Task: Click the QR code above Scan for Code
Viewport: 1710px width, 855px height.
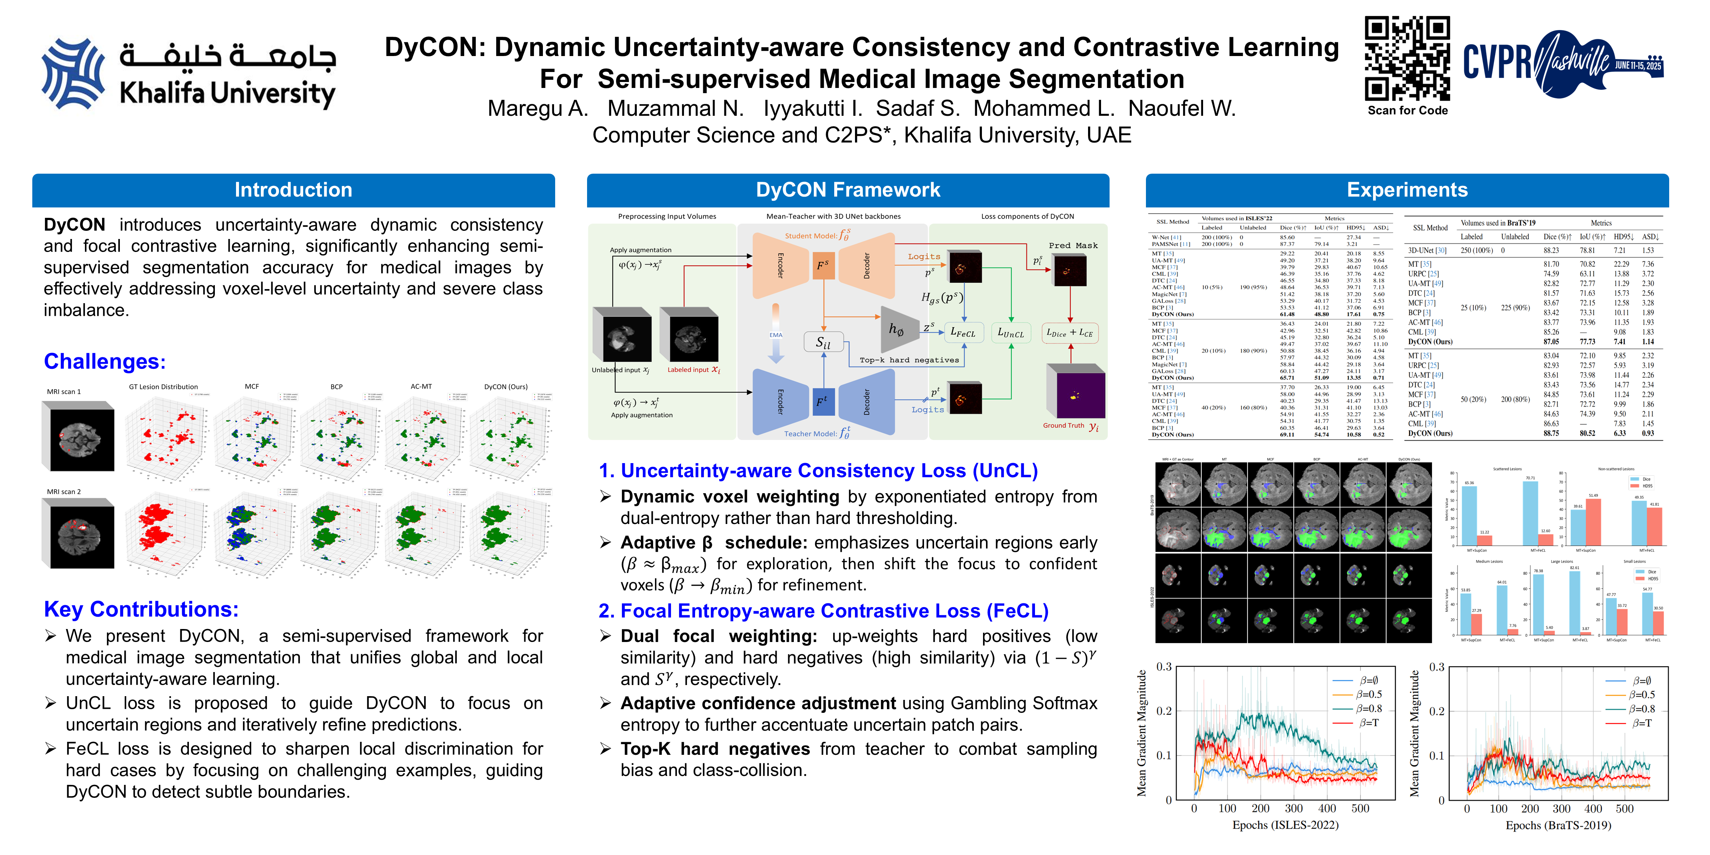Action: pos(1407,58)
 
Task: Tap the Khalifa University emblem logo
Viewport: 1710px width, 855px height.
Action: pos(73,73)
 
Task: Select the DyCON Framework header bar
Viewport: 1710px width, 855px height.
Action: pos(848,190)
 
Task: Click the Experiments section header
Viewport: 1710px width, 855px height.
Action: pos(1407,190)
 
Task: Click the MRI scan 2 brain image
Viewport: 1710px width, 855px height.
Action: pos(78,534)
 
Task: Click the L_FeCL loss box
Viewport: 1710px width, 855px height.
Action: pos(963,332)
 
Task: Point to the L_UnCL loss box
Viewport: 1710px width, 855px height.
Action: pos(1010,332)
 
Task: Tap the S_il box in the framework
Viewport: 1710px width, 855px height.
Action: pos(823,343)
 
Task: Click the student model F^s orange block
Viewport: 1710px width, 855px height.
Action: pos(823,266)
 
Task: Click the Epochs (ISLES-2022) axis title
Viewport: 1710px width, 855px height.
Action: pos(1285,825)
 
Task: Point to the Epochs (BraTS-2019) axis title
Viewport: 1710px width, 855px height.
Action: pos(1558,825)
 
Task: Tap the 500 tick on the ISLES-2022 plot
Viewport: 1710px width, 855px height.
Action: pos(1360,809)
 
